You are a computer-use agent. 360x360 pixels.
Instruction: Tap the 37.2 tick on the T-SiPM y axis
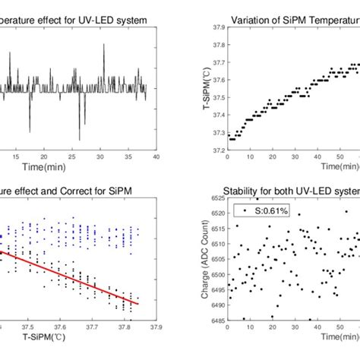click(x=217, y=150)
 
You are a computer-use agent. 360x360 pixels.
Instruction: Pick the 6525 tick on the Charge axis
click(x=216, y=199)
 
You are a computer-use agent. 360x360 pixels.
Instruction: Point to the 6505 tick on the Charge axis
click(x=216, y=258)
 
